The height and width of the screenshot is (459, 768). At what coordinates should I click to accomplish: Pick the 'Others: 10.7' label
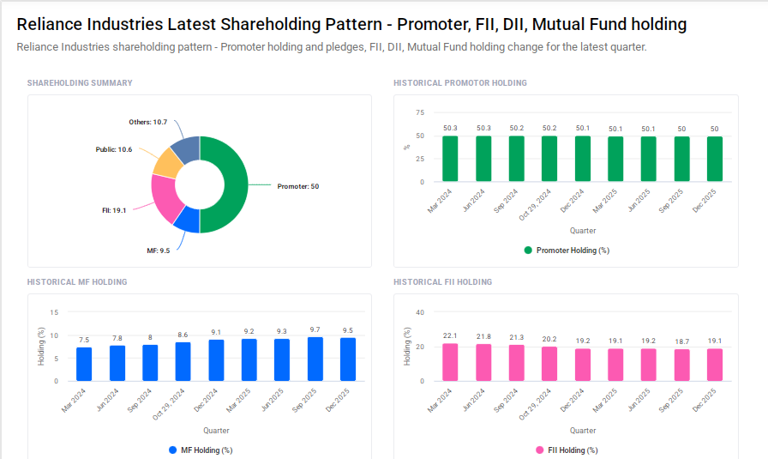[x=147, y=123]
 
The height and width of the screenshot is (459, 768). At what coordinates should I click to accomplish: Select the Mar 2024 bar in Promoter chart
[x=450, y=159]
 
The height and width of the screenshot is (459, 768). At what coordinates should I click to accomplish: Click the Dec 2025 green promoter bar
[x=714, y=160]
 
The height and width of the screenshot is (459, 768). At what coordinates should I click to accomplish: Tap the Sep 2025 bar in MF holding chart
[x=315, y=359]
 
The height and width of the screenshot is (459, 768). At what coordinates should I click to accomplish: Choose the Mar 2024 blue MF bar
[x=84, y=364]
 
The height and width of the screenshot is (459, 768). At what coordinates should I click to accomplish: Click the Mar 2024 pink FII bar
[x=450, y=362]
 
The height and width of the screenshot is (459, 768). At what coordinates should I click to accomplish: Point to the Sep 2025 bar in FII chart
[x=681, y=365]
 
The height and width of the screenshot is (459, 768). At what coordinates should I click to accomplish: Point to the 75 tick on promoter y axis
[x=419, y=112]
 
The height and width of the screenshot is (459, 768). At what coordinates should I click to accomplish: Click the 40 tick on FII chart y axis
[x=419, y=312]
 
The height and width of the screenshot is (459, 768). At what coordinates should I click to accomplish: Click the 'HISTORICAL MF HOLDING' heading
[x=77, y=282]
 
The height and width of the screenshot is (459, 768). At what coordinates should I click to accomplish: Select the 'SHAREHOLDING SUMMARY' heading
[x=80, y=83]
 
